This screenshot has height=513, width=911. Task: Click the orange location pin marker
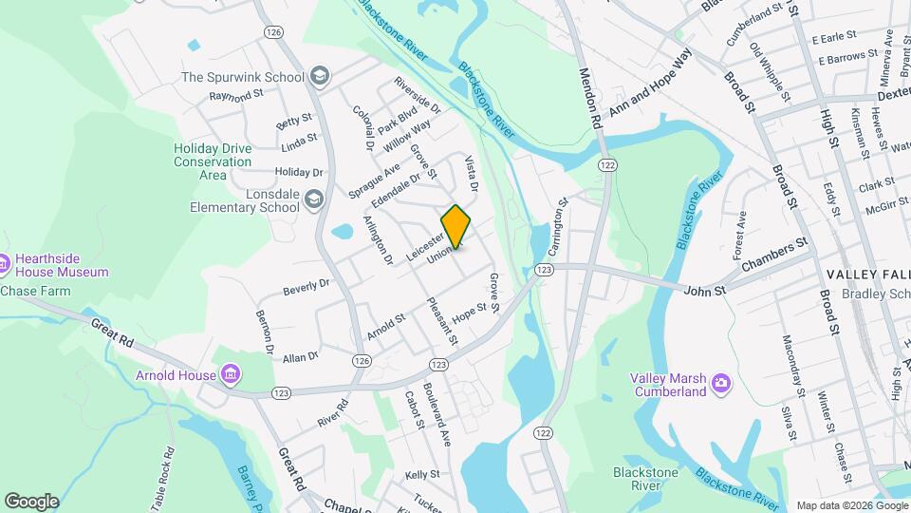coord(456,227)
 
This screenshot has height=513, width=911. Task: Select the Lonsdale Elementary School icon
coord(314,198)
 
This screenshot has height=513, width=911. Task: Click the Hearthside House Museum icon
coord(5,262)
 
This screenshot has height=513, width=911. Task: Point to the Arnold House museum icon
coord(229,375)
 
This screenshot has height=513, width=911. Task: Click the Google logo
coord(31,502)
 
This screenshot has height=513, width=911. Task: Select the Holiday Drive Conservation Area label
coord(213,161)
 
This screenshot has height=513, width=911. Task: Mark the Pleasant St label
coord(442,322)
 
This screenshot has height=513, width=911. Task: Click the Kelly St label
coord(422,473)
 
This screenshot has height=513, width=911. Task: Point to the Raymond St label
coord(235,96)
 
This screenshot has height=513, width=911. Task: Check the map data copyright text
coord(851,505)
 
